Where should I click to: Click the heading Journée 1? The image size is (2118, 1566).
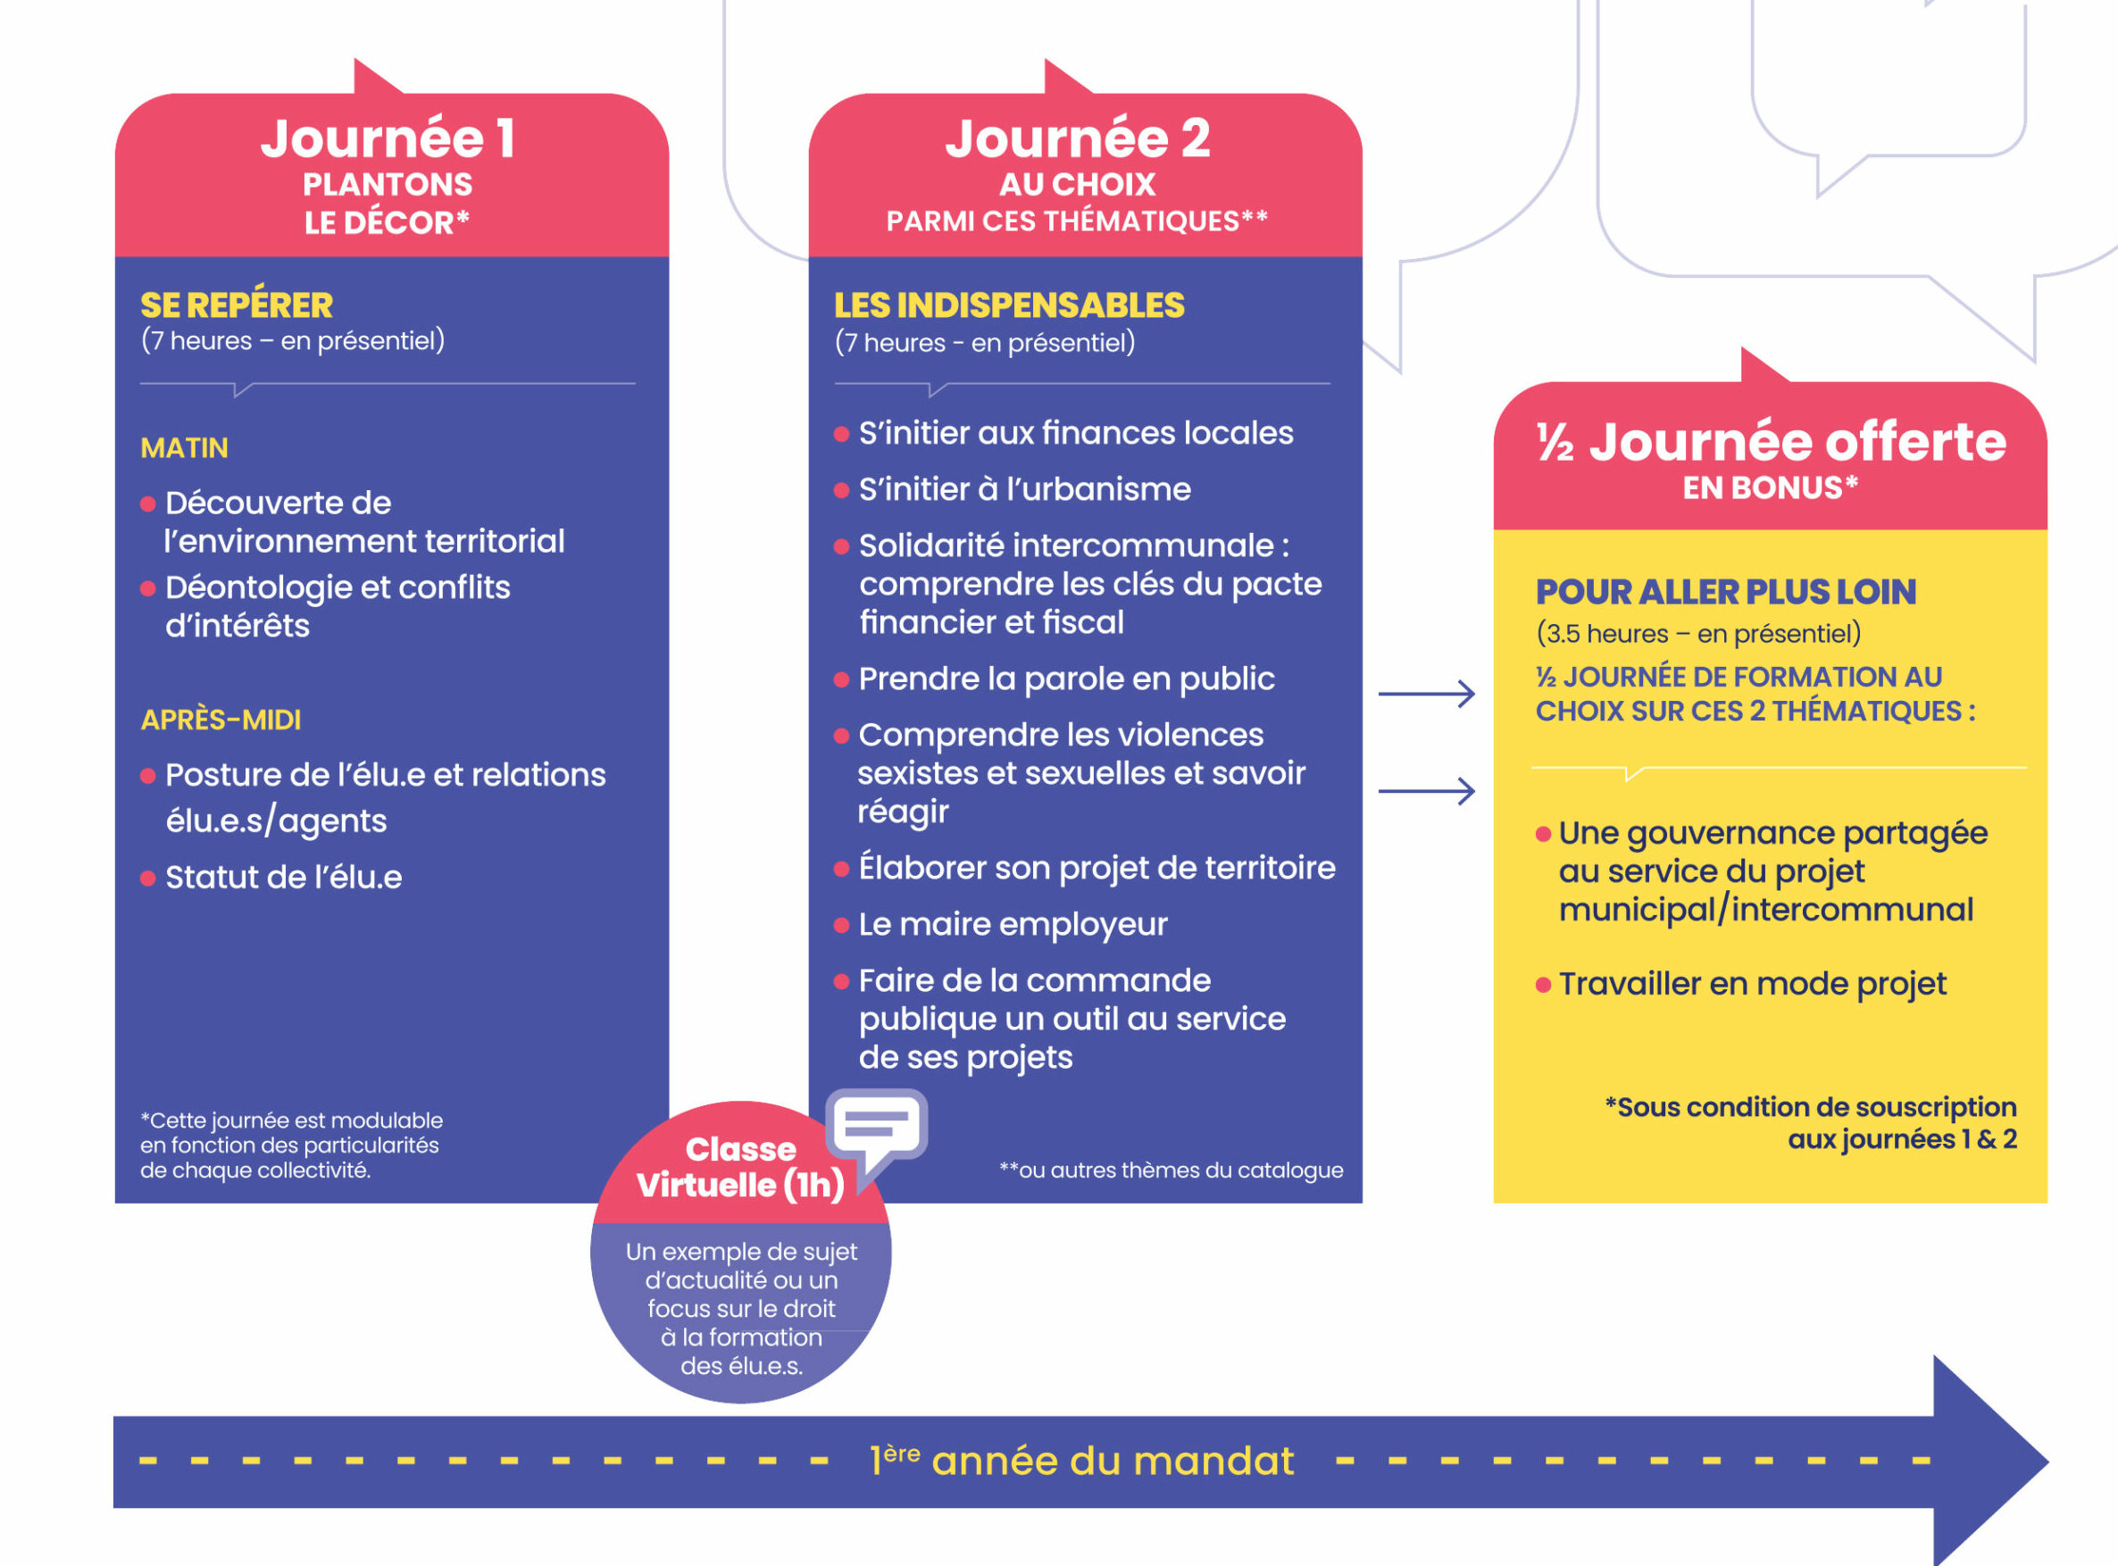pos(388,138)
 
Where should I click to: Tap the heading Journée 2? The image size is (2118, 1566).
pos(1077,138)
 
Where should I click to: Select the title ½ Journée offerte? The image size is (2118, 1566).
pos(1770,442)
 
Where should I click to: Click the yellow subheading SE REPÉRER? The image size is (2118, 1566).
pos(236,305)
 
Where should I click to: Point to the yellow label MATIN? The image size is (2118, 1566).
pos(184,447)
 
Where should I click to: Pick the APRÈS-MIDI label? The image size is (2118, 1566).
pos(220,720)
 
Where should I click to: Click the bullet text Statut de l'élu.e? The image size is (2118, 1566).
pos(282,877)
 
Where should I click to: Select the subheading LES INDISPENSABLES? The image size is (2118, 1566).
pos(1009,305)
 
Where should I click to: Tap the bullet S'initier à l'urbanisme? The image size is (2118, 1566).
pos(1024,489)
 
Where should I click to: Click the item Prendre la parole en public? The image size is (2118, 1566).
pos(1065,679)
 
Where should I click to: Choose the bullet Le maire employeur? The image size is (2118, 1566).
pos(1013,924)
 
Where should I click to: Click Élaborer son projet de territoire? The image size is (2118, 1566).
pos(1096,867)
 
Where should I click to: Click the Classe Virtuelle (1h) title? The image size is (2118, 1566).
pos(740,1167)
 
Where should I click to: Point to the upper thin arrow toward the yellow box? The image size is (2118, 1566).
pos(1426,694)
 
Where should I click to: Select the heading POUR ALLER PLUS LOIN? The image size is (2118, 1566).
pos(1725,592)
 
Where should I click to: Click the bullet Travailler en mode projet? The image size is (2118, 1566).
pos(1752,984)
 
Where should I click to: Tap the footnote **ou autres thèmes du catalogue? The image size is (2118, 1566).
pos(1171,1170)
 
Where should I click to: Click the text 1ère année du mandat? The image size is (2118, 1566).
pos(1081,1461)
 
